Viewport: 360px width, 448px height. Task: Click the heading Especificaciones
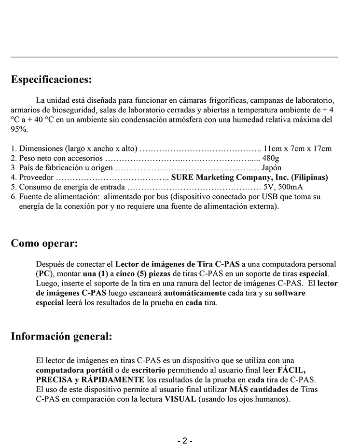tap(51, 80)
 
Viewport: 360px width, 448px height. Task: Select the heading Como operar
tap(44, 243)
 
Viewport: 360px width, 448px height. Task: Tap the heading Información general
tap(61, 337)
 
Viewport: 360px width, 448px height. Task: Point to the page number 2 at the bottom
tap(184, 441)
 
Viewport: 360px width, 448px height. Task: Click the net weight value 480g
tap(271, 158)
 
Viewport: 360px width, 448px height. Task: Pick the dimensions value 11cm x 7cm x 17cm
tap(298, 149)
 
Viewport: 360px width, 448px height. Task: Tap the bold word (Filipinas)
tap(309, 177)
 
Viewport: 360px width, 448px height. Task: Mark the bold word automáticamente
tap(195, 293)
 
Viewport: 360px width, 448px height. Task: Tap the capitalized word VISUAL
tap(180, 399)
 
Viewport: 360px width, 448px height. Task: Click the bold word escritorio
tap(145, 370)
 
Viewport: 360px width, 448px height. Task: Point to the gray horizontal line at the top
tap(174, 57)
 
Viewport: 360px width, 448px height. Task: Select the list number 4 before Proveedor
tap(14, 177)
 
